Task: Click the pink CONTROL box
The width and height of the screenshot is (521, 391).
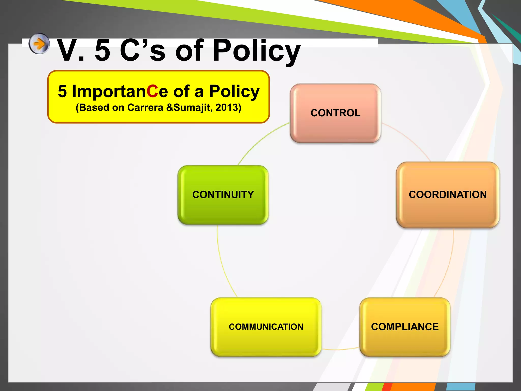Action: point(335,113)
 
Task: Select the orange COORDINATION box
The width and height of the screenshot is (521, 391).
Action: point(448,195)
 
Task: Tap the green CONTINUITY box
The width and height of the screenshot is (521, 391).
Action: point(223,195)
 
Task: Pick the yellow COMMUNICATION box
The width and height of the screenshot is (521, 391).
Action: point(266,327)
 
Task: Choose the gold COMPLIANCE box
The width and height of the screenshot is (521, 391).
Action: point(405,327)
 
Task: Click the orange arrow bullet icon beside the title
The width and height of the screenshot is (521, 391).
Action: point(39,44)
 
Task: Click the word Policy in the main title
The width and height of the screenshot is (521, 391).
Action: point(256,51)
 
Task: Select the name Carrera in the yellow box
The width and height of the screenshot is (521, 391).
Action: point(145,108)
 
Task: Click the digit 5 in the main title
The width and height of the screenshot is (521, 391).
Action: point(103,51)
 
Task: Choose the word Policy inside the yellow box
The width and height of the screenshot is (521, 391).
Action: point(234,91)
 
